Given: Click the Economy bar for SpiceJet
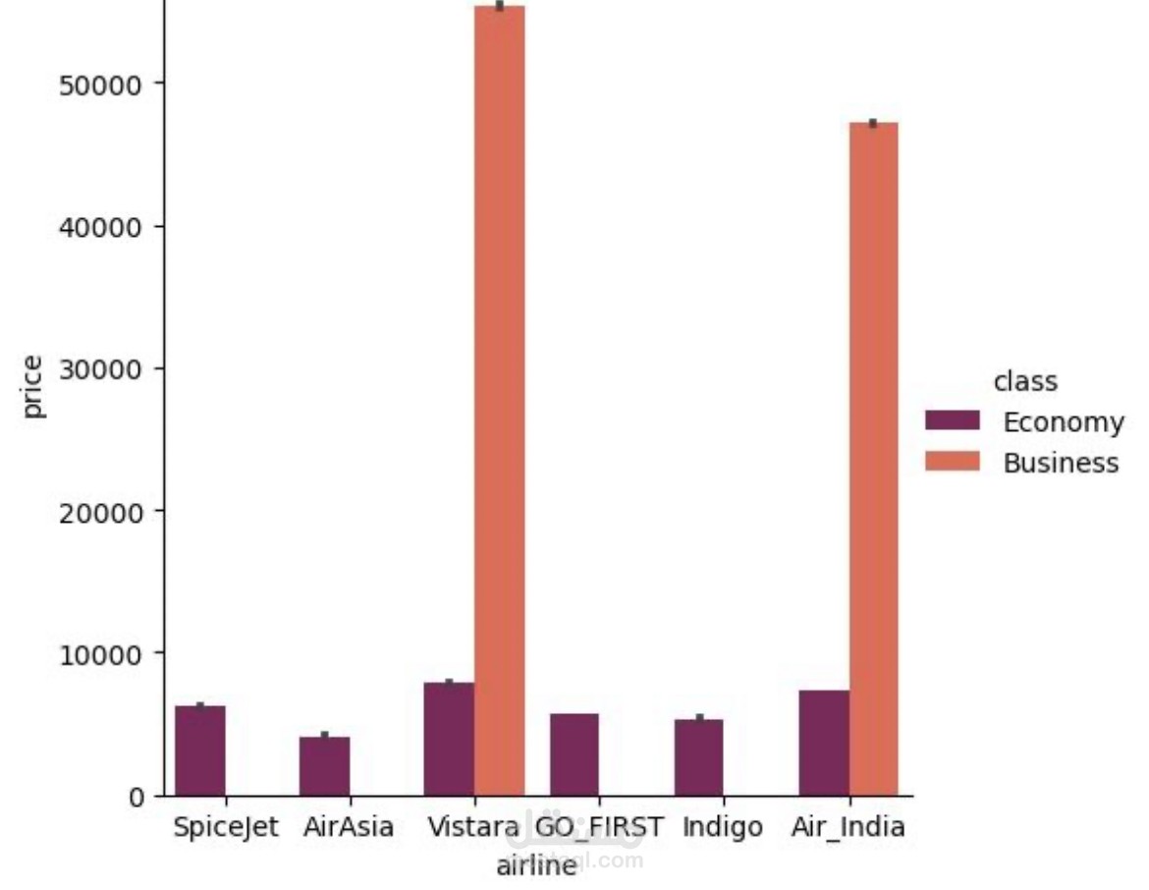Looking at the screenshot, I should [x=200, y=751].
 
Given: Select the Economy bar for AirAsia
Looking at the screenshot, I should [x=325, y=766].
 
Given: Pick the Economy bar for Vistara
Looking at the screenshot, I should [x=449, y=739].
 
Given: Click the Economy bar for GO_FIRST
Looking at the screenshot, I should [x=574, y=754].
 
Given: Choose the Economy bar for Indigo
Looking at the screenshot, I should [x=698, y=757].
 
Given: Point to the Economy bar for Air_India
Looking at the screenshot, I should [x=824, y=743].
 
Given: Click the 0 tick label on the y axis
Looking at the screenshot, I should [x=136, y=796].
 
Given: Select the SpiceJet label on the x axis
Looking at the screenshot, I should [x=226, y=827].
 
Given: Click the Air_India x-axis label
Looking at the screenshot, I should [x=848, y=827].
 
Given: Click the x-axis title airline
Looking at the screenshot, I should [x=535, y=865].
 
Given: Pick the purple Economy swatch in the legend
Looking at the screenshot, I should [x=953, y=420].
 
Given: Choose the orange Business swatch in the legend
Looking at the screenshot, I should [x=953, y=462].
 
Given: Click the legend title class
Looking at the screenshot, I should [x=1025, y=380].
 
